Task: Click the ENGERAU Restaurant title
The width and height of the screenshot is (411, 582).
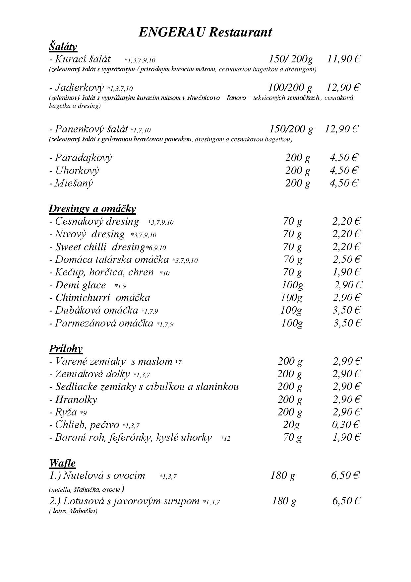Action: tap(205, 32)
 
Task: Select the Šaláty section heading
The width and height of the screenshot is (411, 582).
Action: tap(63, 46)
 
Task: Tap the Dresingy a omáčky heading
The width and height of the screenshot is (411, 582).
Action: tap(92, 208)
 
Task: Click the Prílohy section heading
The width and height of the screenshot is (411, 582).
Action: tap(66, 348)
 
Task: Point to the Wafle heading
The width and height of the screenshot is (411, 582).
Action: tap(62, 463)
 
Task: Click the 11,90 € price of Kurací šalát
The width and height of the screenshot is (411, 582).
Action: tap(344, 59)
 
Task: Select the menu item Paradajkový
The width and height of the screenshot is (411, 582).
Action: tap(84, 157)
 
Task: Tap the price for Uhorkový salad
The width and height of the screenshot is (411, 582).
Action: tap(344, 170)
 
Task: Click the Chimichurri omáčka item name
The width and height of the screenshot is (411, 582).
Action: tap(102, 298)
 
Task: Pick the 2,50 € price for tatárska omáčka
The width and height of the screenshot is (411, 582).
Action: tap(346, 259)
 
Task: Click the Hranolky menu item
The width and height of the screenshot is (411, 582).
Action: tap(76, 399)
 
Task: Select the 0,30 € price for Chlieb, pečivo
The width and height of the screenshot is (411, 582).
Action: tap(346, 424)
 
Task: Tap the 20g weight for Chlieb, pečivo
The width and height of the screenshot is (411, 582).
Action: tap(291, 424)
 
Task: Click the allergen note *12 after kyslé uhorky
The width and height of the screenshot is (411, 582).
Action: tap(225, 438)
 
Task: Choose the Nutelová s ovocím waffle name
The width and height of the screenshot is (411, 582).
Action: tap(104, 475)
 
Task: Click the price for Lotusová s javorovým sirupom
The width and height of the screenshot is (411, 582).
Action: tap(346, 501)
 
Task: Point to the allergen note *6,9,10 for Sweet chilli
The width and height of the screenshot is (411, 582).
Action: tap(156, 248)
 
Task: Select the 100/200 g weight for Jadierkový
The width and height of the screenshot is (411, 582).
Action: tap(290, 88)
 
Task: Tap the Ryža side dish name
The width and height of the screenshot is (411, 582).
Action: tap(66, 412)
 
